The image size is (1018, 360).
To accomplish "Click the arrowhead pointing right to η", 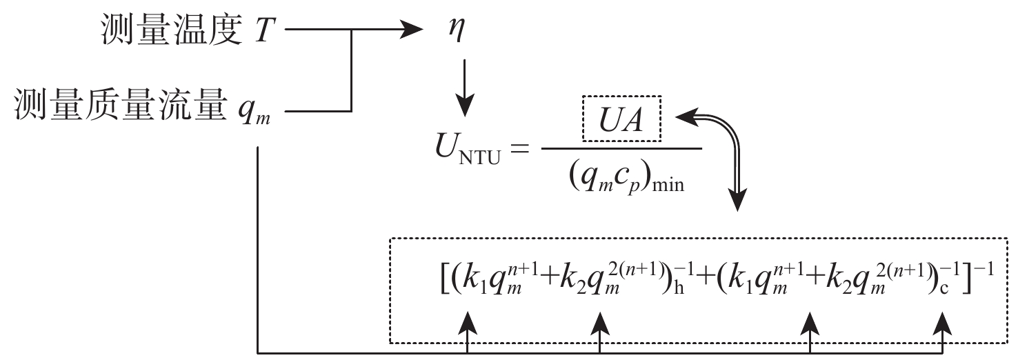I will coord(413,30).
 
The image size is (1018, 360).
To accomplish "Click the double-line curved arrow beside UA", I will coord(724,152).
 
